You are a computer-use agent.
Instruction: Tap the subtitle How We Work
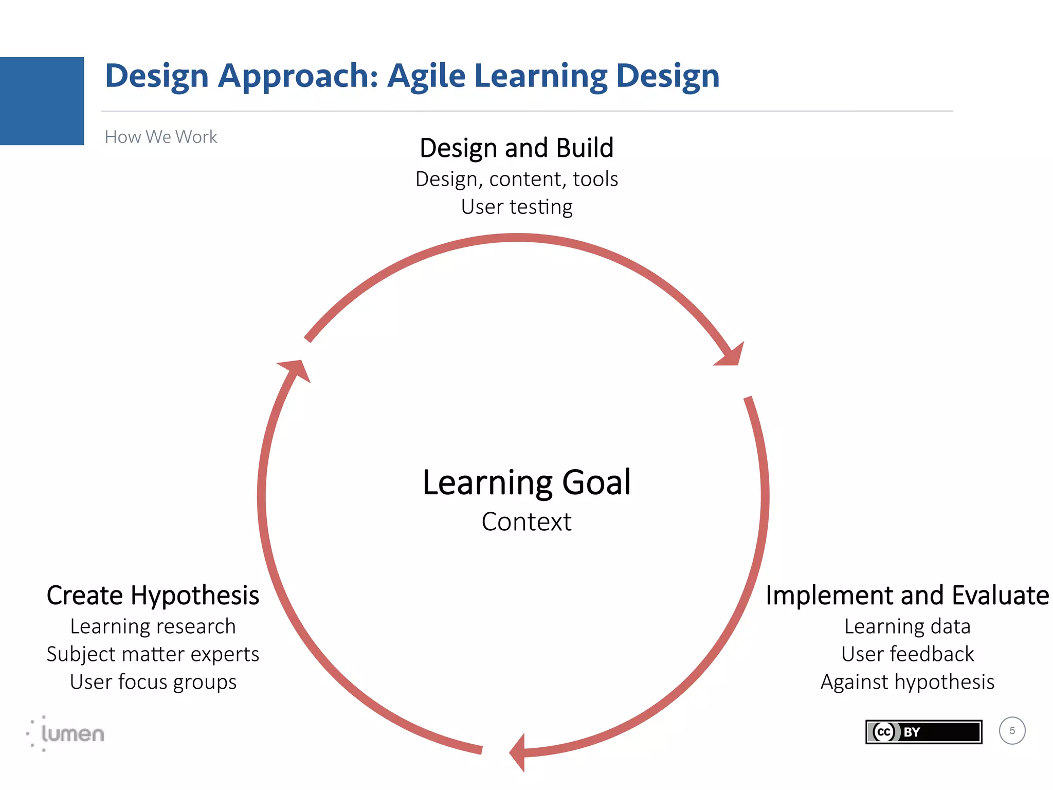coord(160,137)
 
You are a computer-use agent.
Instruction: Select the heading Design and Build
coord(516,148)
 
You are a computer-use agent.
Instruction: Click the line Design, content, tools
coord(516,179)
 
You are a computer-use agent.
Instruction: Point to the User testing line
coord(516,207)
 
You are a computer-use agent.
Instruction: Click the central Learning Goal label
coord(526,482)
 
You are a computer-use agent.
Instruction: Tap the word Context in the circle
coord(526,522)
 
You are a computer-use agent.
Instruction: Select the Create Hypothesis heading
coord(153,596)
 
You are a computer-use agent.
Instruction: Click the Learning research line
coord(153,626)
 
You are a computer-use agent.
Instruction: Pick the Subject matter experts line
coord(153,654)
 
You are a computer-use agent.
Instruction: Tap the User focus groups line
coord(153,682)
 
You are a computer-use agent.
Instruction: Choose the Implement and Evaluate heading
coord(907,596)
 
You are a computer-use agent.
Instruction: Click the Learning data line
coord(907,626)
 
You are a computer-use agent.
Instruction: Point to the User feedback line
coord(907,654)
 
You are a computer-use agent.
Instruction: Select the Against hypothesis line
coord(907,682)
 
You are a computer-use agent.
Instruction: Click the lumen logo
coord(67,733)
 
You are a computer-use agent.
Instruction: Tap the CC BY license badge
coord(923,732)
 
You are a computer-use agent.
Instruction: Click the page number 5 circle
coord(1012,731)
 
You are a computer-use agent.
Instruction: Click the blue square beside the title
coord(42,101)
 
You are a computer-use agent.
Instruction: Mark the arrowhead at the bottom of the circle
coord(518,752)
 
